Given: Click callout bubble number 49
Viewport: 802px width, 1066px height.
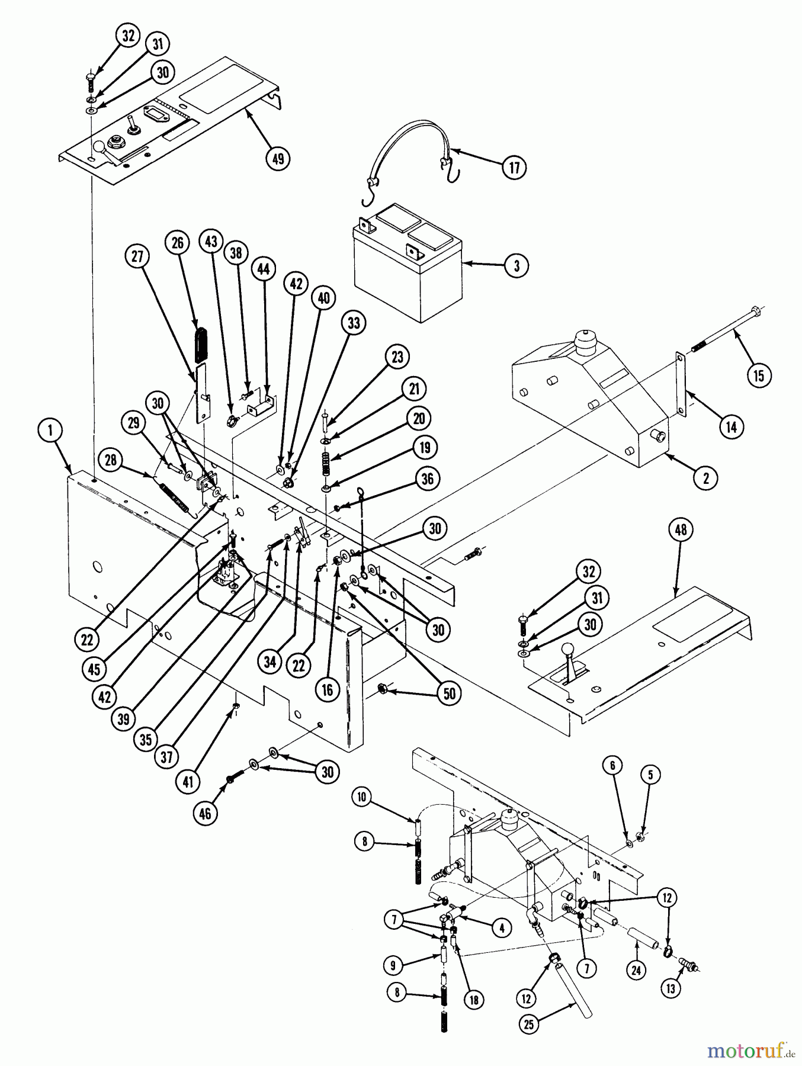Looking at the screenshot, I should (278, 158).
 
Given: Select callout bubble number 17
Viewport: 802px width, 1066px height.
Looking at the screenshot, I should (514, 168).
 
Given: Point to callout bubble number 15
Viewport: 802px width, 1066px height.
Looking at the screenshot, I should (759, 375).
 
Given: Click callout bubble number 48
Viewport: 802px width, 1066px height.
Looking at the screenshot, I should (681, 529).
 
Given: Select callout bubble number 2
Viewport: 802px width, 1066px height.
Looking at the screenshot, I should (705, 477).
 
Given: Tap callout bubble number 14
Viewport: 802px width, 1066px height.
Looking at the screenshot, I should (732, 426).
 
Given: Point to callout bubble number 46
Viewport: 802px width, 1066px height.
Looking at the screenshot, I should (204, 814).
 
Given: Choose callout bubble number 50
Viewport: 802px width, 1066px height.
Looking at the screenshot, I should (450, 693).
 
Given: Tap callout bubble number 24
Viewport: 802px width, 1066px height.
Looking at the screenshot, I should (636, 971).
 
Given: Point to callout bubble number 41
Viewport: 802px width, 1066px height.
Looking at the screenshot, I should (188, 782).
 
